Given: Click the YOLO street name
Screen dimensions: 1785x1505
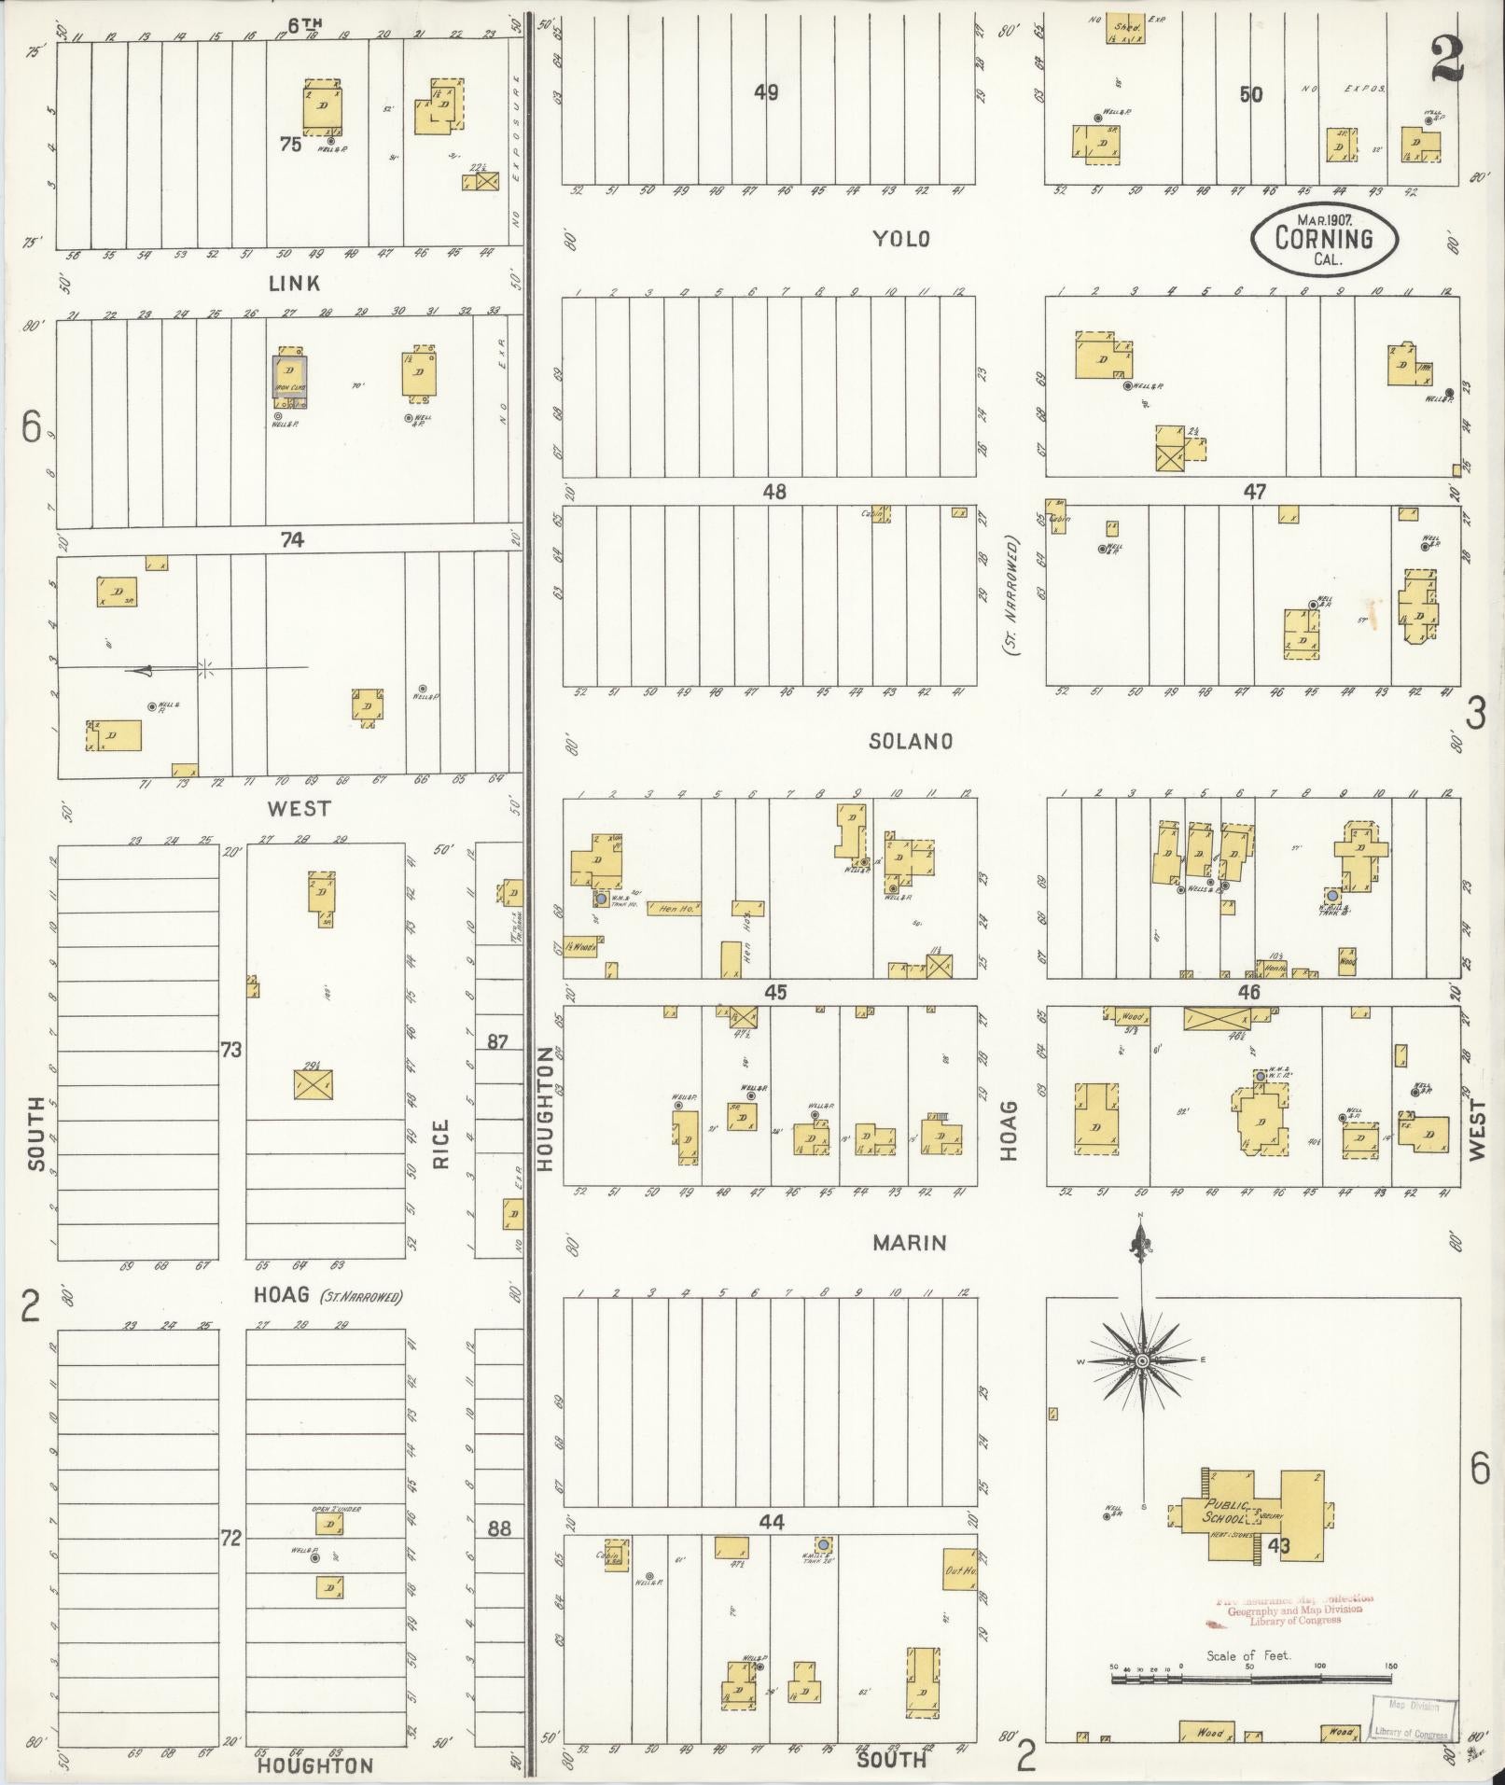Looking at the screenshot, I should [900, 239].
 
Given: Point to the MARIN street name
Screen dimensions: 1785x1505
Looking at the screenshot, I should [910, 1243].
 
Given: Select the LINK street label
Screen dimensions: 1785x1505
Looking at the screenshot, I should [294, 284].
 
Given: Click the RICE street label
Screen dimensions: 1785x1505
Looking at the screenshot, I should [439, 1144].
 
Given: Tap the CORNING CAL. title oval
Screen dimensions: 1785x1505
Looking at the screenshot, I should [1324, 240].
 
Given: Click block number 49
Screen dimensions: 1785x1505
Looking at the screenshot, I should [766, 93].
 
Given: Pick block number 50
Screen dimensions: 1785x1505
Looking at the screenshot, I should [1250, 94].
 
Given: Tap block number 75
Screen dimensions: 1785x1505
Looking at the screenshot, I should [290, 145].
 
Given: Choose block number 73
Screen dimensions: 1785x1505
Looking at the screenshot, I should [230, 1051].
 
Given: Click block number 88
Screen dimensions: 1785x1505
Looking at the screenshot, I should [499, 1528].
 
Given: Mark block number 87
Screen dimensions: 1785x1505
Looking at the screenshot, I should [497, 1040].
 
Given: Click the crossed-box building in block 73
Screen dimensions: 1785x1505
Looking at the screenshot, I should [314, 1083].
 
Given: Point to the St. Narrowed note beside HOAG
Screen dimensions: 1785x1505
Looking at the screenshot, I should [361, 1297].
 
